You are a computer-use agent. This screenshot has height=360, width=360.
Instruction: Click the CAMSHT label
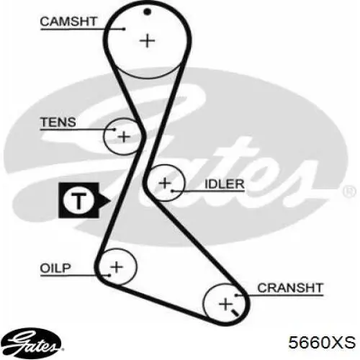pyautogui.click(x=68, y=22)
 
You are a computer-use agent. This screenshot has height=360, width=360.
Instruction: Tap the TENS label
pyautogui.click(x=58, y=122)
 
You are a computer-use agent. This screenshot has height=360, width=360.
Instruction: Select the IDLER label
pyautogui.click(x=225, y=184)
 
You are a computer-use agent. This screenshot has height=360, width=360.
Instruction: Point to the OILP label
pyautogui.click(x=55, y=268)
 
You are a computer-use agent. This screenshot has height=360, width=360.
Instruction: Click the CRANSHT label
pyautogui.click(x=290, y=288)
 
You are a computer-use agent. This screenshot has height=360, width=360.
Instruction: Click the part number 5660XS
pyautogui.click(x=322, y=342)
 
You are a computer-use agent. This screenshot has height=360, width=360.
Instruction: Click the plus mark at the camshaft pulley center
pyautogui.click(x=148, y=40)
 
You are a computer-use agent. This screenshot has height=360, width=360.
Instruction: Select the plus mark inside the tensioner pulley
pyautogui.click(x=124, y=137)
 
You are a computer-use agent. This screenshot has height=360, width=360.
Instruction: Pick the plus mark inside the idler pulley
pyautogui.click(x=165, y=183)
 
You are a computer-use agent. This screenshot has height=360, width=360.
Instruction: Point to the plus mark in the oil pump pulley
pyautogui.click(x=117, y=267)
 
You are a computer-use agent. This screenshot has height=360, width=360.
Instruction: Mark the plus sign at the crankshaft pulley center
pyautogui.click(x=225, y=305)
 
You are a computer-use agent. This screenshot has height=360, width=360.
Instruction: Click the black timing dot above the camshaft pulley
pyautogui.click(x=147, y=12)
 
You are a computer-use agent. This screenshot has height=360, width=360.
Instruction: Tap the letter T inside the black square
pyautogui.click(x=78, y=201)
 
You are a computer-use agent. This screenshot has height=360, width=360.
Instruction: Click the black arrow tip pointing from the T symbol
pyautogui.click(x=110, y=201)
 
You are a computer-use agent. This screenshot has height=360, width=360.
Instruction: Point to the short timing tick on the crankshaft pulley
pyautogui.click(x=235, y=312)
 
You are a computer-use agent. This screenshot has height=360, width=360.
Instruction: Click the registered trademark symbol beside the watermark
pyautogui.click(x=350, y=192)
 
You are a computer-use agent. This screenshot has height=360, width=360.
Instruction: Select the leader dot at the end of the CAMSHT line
pyautogui.click(x=124, y=30)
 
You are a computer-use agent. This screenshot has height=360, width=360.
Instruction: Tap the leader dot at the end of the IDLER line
pyautogui.click(x=172, y=192)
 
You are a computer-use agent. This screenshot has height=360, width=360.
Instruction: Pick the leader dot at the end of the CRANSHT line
pyautogui.click(x=236, y=295)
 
